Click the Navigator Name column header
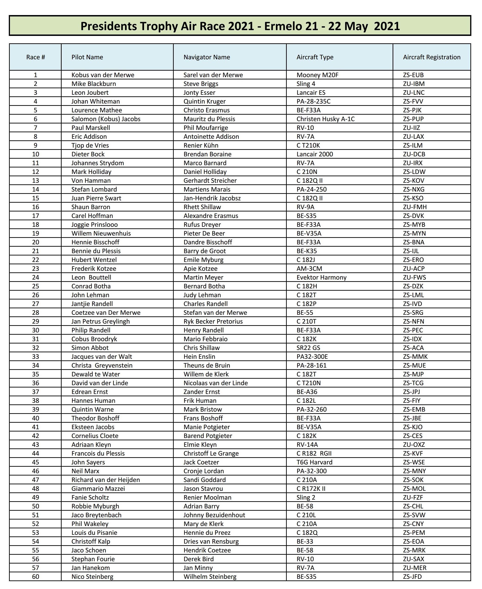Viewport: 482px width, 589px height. click(207, 57)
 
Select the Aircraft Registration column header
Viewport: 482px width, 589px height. click(432, 57)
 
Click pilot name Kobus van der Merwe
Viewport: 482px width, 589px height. click(103, 75)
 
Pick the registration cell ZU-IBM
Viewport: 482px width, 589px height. click(414, 84)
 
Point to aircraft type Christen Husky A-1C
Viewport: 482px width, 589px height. click(325, 119)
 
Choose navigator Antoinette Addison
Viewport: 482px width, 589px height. click(211, 137)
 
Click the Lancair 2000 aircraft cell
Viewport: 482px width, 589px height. click(315, 154)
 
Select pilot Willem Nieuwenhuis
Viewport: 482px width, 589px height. click(101, 233)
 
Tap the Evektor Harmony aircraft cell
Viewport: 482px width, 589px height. click(321, 277)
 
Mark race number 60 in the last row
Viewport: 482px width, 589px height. click(35, 577)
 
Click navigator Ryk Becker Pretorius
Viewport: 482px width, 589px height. click(213, 321)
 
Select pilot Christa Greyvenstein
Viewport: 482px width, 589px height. click(102, 365)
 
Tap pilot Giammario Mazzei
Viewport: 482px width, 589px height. click(98, 489)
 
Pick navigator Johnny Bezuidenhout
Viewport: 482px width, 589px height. click(214, 515)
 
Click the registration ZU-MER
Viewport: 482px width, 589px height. click(415, 568)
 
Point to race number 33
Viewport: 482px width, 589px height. click(35, 357)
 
